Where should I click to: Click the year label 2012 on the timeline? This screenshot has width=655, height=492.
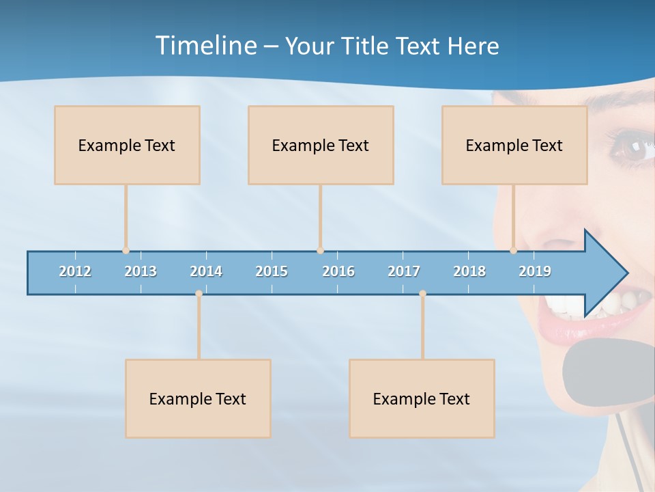(75, 271)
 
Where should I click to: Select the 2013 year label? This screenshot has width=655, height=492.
(141, 271)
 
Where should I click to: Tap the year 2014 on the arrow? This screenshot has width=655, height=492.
(206, 271)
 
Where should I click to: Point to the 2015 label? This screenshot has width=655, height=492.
(272, 271)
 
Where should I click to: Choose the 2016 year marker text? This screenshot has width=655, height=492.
(338, 271)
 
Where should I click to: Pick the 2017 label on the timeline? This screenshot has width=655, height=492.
(404, 271)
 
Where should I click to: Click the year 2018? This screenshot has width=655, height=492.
(469, 271)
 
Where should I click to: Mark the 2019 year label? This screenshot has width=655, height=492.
(535, 271)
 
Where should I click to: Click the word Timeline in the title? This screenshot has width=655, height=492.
(205, 46)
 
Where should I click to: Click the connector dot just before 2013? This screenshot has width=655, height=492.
(126, 251)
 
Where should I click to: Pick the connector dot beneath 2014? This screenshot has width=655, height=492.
(199, 294)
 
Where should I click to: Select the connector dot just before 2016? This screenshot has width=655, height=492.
(320, 251)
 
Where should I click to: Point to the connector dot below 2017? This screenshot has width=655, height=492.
(422, 294)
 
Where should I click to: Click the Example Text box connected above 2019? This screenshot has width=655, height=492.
(514, 145)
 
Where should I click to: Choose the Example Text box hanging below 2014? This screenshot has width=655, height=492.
(198, 398)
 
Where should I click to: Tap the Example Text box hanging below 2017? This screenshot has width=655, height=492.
(422, 398)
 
